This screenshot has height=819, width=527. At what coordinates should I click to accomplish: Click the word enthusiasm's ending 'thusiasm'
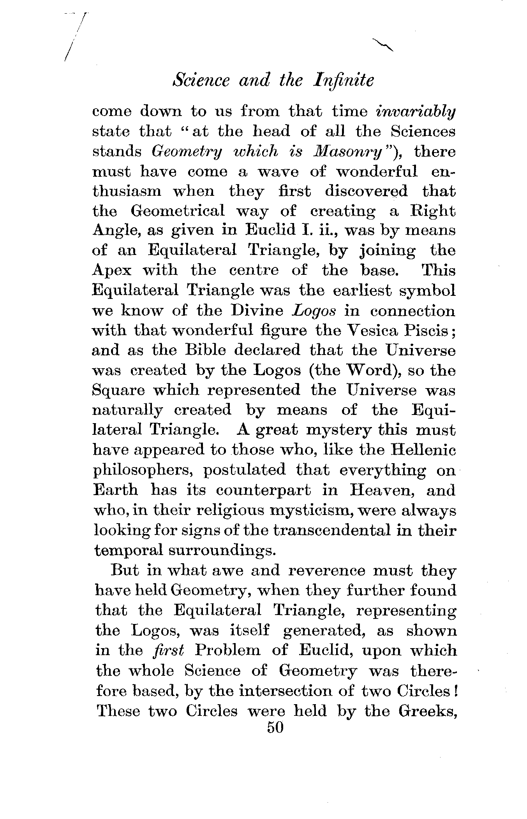click(x=127, y=192)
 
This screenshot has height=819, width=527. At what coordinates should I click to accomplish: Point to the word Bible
click(x=205, y=350)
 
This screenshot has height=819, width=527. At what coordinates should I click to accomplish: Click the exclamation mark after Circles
click(x=454, y=691)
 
